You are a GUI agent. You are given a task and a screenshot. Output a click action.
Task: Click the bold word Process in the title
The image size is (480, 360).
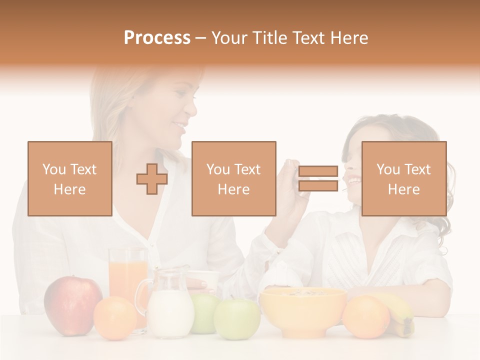point(157,38)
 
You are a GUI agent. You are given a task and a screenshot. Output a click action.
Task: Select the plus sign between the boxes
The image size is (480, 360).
point(152,179)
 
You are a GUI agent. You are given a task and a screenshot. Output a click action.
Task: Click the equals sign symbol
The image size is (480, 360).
point(318,179)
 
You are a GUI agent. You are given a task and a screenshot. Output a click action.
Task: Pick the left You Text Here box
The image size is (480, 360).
point(70,179)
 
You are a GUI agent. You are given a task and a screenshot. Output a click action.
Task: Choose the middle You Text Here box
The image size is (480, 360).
point(234,179)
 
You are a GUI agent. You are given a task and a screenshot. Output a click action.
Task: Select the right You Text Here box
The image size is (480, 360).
point(404,179)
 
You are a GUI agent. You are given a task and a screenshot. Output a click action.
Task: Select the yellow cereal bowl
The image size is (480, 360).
point(303,310)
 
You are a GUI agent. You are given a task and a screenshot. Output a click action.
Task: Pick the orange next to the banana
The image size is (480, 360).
point(366,316)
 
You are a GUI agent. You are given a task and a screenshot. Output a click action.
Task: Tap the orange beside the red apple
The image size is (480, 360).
point(115,318)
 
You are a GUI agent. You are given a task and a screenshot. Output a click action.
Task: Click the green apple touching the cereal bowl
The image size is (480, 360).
point(237,319)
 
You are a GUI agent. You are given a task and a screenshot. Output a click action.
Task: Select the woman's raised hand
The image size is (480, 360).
point(292,185)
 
